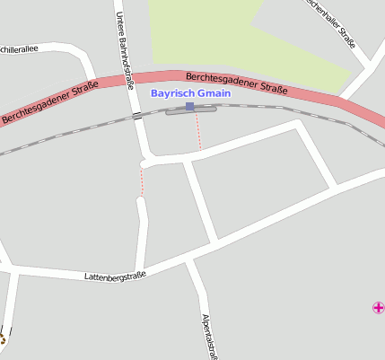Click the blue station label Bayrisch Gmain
[190, 93]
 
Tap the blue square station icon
[190, 107]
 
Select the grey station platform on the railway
[191, 111]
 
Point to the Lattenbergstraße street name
[115, 277]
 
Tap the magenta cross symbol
[378, 308]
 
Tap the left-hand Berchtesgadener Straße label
[49, 103]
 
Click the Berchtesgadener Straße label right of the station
[236, 83]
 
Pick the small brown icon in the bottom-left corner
[2, 338]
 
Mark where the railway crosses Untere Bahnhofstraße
[137, 116]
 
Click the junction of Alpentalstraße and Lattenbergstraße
[190, 259]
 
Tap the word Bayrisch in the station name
[171, 93]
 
